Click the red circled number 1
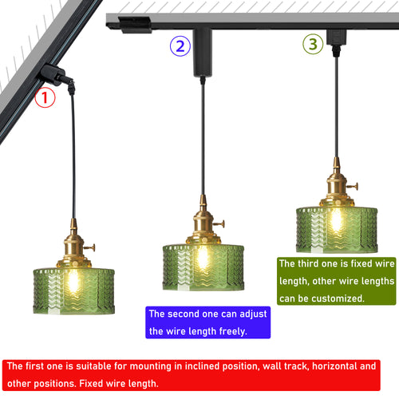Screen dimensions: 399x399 [45, 97]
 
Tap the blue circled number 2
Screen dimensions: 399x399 [180, 46]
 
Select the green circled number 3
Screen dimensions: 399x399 [313, 44]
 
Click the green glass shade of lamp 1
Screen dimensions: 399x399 [74, 291]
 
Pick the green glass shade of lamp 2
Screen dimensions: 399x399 [203, 267]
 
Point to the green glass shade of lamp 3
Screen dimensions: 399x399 [337, 230]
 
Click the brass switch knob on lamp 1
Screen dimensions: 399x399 [90, 248]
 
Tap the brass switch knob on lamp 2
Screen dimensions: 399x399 [220, 224]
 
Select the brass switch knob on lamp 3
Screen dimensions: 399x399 [354, 187]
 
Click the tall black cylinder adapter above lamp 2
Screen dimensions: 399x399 [203, 53]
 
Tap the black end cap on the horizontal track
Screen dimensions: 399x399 [135, 25]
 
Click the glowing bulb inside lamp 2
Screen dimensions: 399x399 [203, 258]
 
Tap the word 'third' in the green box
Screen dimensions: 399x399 [308, 263]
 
